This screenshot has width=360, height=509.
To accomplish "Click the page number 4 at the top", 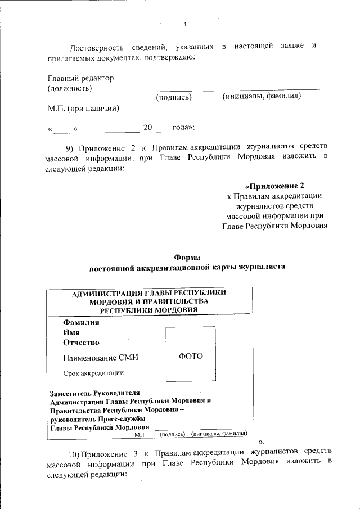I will coord(184,24).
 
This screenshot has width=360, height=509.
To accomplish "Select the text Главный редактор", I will coord(80,78).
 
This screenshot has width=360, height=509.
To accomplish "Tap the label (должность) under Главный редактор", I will coord(70,88).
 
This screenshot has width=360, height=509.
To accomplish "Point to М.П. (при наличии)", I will coord(83,107).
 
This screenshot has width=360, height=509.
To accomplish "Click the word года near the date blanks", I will coord(182,127).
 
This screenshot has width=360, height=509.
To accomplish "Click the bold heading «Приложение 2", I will coord(274,186).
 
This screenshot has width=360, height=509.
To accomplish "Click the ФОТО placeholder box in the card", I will coord(190,357).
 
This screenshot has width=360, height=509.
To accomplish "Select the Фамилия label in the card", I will coord(81,323).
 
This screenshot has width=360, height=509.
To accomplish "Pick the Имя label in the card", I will coord(71,332).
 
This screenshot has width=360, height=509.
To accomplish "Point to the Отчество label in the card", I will coord(81,343).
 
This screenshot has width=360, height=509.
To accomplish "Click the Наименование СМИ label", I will coord(100,358).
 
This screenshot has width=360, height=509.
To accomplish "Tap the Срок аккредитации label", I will coord(93,373).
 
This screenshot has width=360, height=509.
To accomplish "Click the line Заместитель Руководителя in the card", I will coord(94,393).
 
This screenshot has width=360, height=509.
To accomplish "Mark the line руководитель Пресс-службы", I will coord(98,418).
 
